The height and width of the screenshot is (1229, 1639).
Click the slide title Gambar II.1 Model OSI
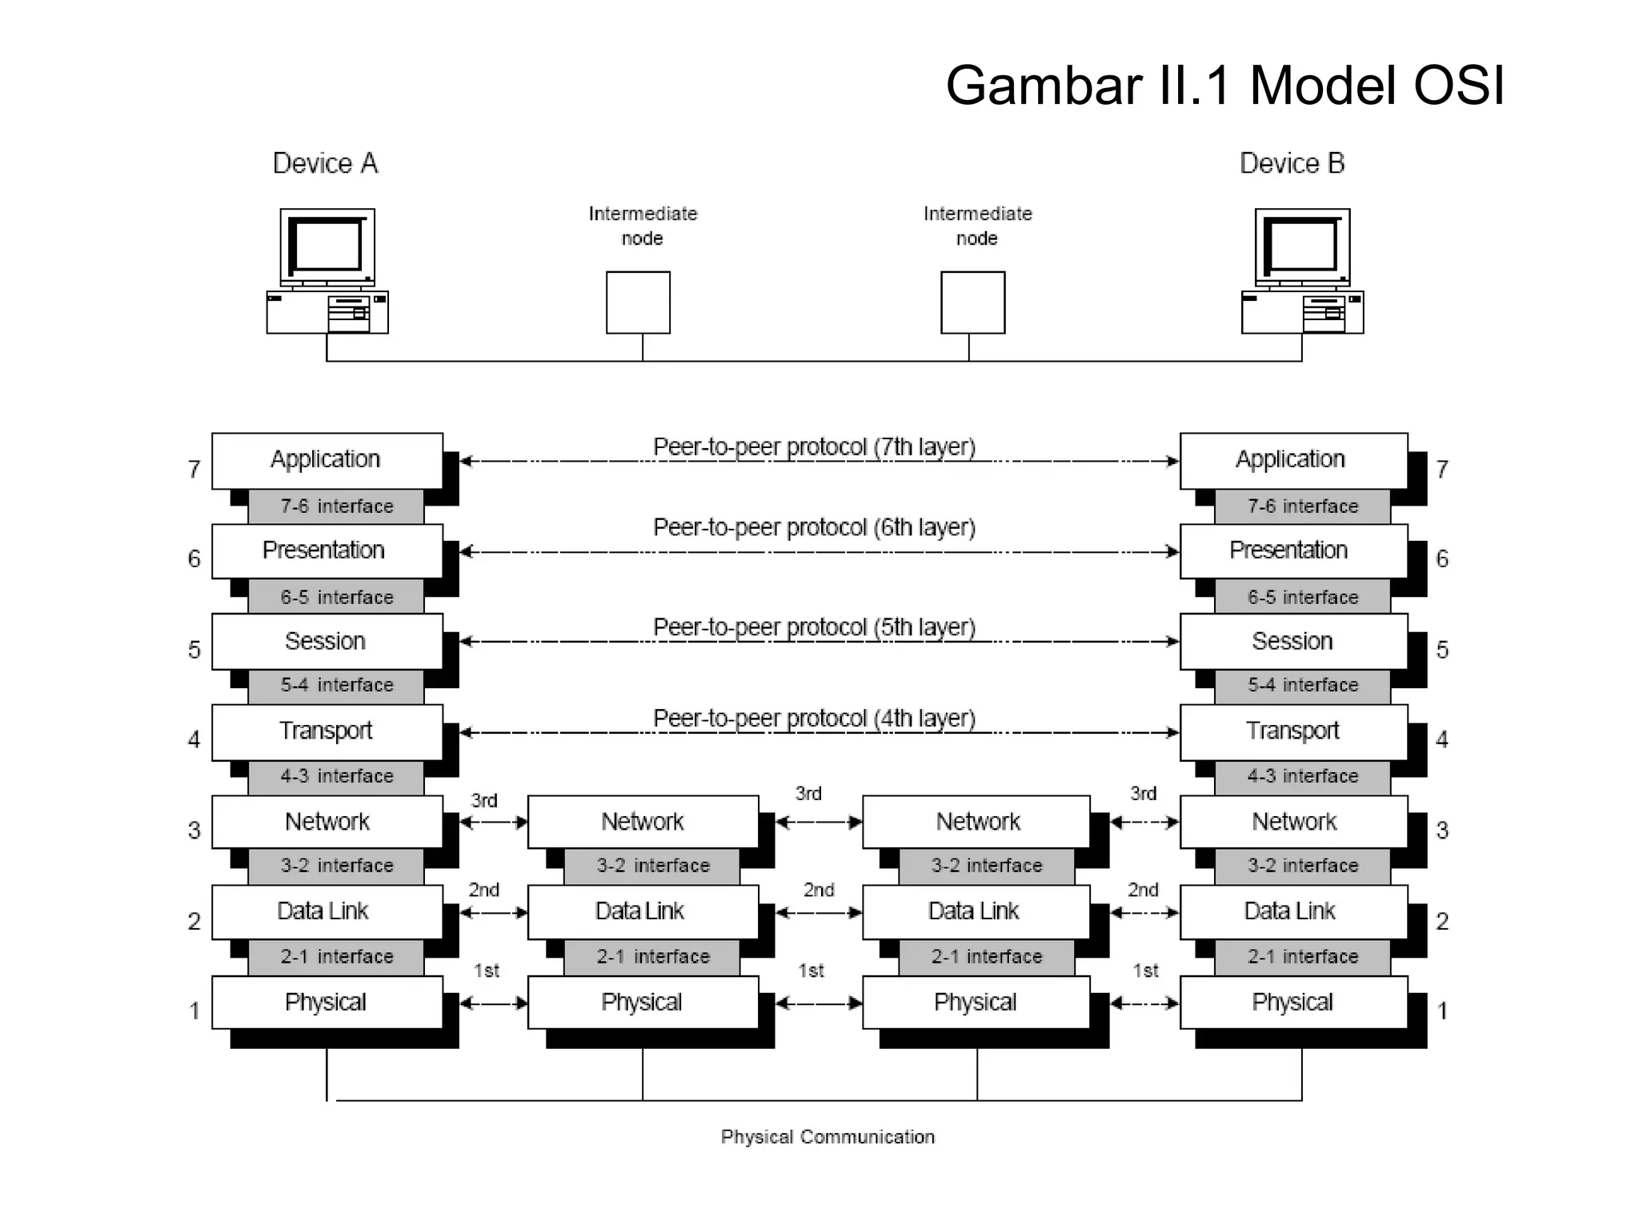click(1224, 86)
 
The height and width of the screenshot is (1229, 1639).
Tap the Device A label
click(325, 163)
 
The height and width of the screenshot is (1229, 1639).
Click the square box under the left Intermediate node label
click(638, 302)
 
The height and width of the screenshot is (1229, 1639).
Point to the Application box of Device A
click(327, 460)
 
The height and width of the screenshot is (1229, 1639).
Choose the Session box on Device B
click(1292, 641)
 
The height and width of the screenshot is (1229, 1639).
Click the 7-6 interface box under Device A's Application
click(336, 506)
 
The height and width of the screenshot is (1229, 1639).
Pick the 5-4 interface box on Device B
click(1303, 685)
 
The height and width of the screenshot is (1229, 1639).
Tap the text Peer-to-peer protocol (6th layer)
click(814, 528)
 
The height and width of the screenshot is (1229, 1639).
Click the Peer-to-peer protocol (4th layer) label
click(814, 719)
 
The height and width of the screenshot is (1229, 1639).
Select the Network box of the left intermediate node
click(643, 822)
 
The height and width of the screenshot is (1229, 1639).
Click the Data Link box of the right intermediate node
click(975, 911)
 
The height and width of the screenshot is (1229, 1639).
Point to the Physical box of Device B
click(1292, 1002)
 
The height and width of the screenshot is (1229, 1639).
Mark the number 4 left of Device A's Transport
click(194, 739)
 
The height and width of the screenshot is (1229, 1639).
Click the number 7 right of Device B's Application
click(1442, 469)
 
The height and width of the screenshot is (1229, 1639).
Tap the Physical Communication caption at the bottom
click(828, 1137)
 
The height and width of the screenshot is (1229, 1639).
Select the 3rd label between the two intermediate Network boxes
click(808, 794)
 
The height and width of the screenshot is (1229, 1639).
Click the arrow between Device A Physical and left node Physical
click(494, 1003)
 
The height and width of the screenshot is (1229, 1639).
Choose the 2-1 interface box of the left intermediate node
click(652, 957)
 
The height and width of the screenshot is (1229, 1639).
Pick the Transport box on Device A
click(327, 731)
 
